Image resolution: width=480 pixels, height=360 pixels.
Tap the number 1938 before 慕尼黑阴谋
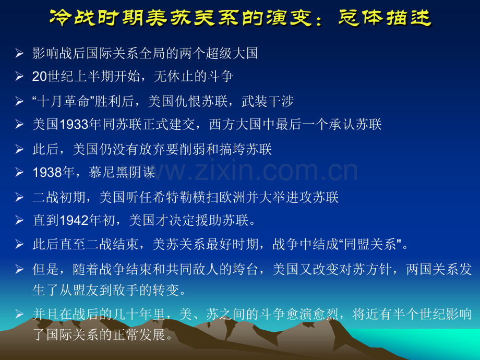point(47,173)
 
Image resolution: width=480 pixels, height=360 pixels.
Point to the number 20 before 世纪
point(40,77)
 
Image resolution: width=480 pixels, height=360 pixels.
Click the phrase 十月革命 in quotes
point(63,101)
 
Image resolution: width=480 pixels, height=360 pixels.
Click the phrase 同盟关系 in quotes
point(370,244)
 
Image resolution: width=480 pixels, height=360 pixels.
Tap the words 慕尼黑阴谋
point(122,173)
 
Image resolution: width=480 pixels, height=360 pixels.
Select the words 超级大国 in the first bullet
point(232,53)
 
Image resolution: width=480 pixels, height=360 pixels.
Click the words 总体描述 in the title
point(385,17)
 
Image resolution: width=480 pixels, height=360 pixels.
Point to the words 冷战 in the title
point(73,17)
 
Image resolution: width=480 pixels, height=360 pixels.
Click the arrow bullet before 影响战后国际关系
point(19,53)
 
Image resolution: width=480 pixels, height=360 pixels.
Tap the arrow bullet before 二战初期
point(19,197)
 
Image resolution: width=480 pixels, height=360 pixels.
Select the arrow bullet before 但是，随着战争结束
point(19,269)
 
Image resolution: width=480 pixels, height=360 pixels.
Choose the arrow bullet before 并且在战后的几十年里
point(19,314)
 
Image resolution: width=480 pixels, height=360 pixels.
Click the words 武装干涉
point(268,101)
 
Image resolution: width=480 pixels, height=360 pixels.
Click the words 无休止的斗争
point(194,77)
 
